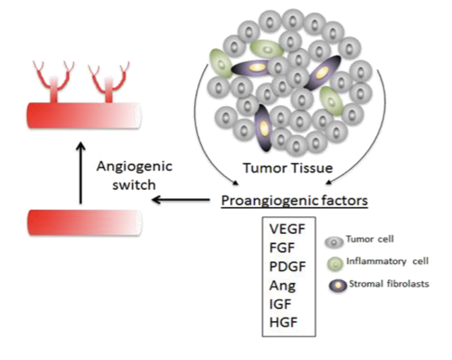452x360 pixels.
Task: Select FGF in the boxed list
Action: pos(280,246)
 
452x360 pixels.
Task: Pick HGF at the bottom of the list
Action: pos(281,318)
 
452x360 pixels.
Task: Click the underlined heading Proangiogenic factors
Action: pos(294,200)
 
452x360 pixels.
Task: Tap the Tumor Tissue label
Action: pos(287,168)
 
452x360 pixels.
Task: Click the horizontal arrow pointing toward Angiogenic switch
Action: pos(180,200)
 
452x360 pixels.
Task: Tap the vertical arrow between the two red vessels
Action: pos(80,173)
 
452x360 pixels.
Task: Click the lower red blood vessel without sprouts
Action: pos(83,222)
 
